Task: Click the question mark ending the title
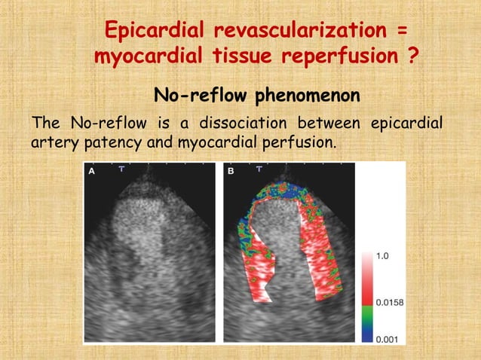coord(412,56)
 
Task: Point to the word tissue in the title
coord(246,56)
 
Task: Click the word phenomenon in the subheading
coord(307,96)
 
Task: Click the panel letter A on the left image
coord(92,172)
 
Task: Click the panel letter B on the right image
coord(231,172)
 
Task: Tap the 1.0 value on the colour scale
coord(382,256)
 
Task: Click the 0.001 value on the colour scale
coord(387,339)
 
